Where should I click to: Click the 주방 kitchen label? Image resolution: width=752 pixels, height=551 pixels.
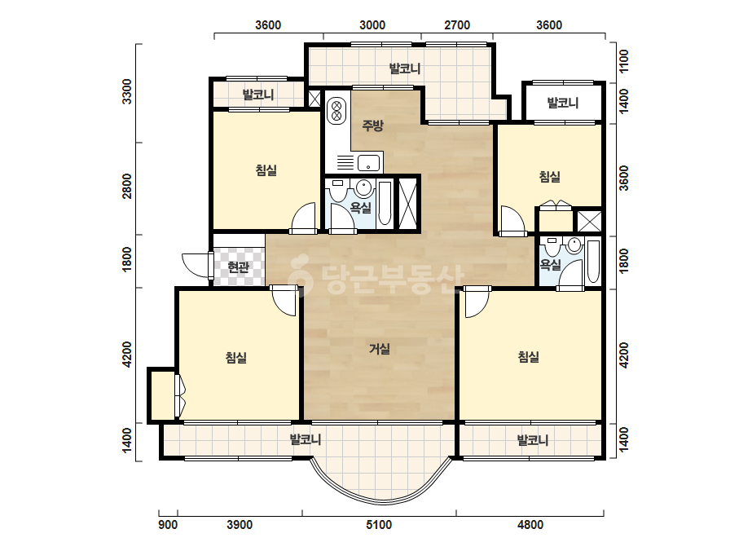(x=372, y=126)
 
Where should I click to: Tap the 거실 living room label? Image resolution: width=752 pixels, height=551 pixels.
(x=380, y=349)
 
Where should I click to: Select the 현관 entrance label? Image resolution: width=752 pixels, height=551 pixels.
(x=239, y=267)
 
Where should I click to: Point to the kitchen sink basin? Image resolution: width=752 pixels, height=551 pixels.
(x=368, y=162)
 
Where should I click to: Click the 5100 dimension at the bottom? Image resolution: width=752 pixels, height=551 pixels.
(x=379, y=525)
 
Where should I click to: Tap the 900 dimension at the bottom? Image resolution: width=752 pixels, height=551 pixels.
(x=168, y=525)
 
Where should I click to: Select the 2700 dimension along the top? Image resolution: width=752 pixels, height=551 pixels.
(x=457, y=25)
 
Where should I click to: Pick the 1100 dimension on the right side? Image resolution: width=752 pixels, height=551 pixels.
(x=623, y=61)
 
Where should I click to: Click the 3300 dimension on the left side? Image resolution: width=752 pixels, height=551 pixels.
(x=126, y=91)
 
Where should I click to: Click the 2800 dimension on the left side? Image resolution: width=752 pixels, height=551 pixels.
(x=126, y=186)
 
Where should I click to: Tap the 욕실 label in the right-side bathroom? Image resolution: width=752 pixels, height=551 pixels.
(x=550, y=264)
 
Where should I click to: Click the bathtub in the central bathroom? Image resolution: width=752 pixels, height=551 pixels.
(x=385, y=204)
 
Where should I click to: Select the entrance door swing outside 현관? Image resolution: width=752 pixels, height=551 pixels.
(x=196, y=264)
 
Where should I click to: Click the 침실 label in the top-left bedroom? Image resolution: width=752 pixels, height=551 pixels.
(x=266, y=170)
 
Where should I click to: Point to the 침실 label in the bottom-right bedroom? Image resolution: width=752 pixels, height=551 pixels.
(x=529, y=357)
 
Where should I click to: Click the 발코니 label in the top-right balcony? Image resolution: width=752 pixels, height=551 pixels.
(x=563, y=102)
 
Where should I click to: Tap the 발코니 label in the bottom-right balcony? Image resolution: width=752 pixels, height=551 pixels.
(x=532, y=439)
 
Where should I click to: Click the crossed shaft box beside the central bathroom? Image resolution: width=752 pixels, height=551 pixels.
(x=409, y=204)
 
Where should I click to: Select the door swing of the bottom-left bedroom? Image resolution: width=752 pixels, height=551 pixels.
(x=283, y=302)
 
